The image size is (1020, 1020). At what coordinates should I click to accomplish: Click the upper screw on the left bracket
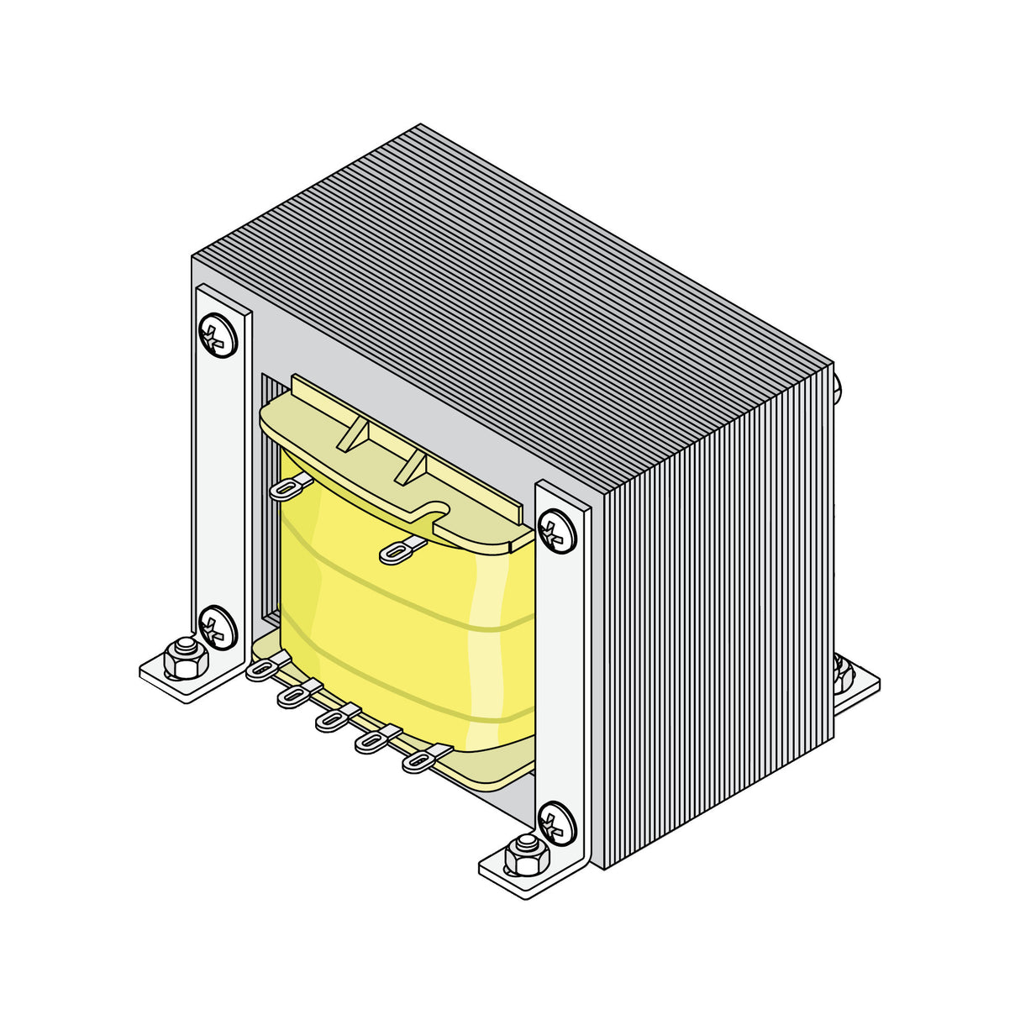(x=218, y=335)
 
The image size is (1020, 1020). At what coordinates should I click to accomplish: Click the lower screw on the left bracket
(x=218, y=627)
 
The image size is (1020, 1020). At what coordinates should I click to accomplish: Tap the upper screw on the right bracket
(x=557, y=532)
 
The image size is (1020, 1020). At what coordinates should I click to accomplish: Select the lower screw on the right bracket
(x=557, y=823)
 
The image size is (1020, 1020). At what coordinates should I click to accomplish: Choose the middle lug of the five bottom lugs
(x=334, y=719)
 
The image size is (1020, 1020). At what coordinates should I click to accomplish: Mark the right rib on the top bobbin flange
(x=411, y=467)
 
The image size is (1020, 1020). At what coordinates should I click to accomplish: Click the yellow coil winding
(x=395, y=639)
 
